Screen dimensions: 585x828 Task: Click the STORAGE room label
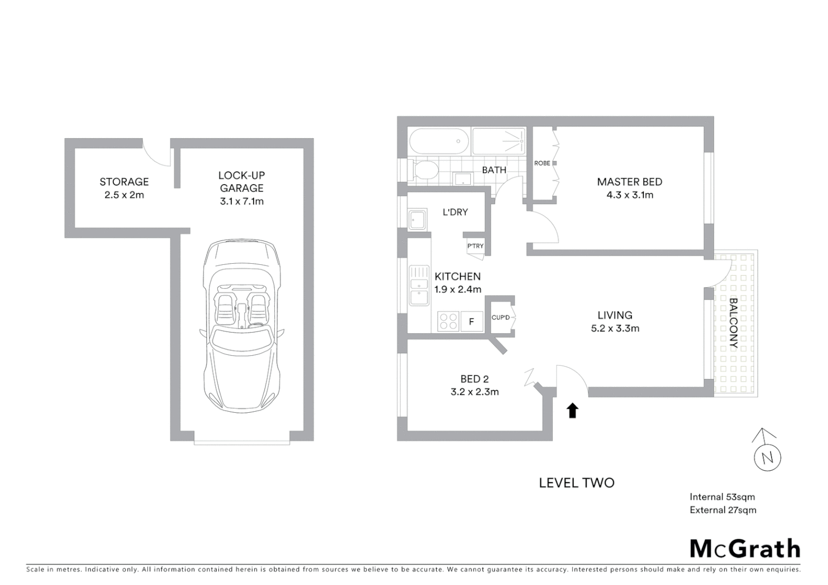pyautogui.click(x=124, y=182)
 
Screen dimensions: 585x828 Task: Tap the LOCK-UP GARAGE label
pyautogui.click(x=242, y=182)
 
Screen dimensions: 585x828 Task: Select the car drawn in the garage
pyautogui.click(x=241, y=325)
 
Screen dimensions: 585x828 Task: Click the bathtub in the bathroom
pyautogui.click(x=439, y=142)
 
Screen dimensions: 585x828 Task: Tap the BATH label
pyautogui.click(x=494, y=170)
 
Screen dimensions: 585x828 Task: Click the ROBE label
pyautogui.click(x=542, y=163)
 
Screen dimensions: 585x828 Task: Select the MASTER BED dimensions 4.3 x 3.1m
pyautogui.click(x=630, y=195)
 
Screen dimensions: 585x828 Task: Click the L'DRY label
pyautogui.click(x=455, y=212)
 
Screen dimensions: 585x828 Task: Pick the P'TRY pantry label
pyautogui.click(x=475, y=246)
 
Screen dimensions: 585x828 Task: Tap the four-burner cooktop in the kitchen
pyautogui.click(x=448, y=321)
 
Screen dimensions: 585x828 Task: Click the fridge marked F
pyautogui.click(x=471, y=322)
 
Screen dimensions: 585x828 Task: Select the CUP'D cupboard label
pyautogui.click(x=501, y=317)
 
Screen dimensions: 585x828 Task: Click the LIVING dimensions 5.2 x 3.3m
pyautogui.click(x=615, y=328)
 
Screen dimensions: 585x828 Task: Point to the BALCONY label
pyautogui.click(x=734, y=323)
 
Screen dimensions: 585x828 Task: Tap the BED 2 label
pyautogui.click(x=475, y=379)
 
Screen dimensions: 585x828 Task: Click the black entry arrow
pyautogui.click(x=572, y=411)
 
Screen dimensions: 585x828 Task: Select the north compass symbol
pyautogui.click(x=767, y=454)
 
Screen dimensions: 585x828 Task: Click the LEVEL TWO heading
pyautogui.click(x=577, y=483)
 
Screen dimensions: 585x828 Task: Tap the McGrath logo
pyautogui.click(x=745, y=549)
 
